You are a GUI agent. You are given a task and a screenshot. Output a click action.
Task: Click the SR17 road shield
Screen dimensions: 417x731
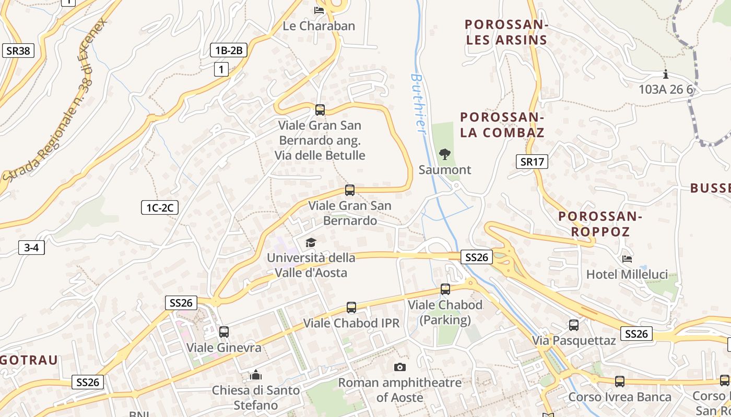coord(532,162)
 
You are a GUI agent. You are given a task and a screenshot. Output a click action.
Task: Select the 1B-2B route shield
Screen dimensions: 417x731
coord(229,50)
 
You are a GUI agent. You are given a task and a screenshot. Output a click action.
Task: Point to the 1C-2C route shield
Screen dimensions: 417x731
coord(160,207)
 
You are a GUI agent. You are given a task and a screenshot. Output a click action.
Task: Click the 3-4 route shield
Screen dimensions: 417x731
coord(31,248)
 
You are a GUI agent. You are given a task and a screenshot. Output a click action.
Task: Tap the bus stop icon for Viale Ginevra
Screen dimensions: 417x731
coord(224,332)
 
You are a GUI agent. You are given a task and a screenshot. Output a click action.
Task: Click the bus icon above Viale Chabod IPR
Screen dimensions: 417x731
coord(351,308)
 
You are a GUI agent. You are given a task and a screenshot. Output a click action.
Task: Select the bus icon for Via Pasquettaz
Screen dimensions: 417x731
coord(574,325)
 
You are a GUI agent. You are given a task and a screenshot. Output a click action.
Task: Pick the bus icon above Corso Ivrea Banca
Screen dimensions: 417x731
coord(620,382)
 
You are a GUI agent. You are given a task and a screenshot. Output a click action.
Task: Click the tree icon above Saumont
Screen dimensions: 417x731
coord(444,154)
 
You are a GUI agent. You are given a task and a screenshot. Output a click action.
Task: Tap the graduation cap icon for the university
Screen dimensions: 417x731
coord(311,242)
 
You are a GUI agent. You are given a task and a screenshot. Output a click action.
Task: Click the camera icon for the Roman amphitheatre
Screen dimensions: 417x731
coord(400,367)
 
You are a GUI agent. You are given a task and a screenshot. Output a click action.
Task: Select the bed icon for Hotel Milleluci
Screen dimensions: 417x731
coord(627,259)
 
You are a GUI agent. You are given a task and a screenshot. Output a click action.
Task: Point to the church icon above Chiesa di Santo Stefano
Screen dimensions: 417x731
coord(256,375)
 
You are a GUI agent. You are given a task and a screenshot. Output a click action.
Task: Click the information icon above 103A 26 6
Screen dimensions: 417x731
coord(666,74)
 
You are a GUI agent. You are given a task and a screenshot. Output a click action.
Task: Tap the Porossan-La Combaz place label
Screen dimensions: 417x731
coord(502,125)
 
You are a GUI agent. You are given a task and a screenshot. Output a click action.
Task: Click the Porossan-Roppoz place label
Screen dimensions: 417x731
coord(600,224)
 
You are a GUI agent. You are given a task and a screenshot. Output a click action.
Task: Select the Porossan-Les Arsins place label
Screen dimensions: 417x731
coord(506,32)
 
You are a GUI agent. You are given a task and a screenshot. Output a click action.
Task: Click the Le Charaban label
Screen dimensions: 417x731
coord(319,26)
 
